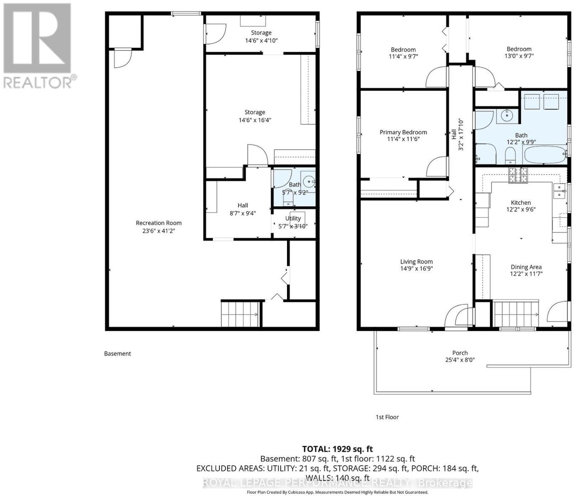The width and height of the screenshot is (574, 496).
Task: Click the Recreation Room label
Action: pyautogui.click(x=159, y=223)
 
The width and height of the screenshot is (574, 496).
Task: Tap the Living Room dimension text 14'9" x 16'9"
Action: pyautogui.click(x=417, y=268)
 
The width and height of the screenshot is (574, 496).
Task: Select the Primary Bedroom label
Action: pyautogui.click(x=403, y=132)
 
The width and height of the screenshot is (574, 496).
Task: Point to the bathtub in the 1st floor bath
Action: pyautogui.click(x=544, y=155)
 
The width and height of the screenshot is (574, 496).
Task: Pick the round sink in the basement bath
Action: pyautogui.click(x=308, y=182)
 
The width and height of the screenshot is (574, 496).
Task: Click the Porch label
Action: pyautogui.click(x=460, y=353)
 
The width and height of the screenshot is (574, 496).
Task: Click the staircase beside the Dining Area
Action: pyautogui.click(x=516, y=314)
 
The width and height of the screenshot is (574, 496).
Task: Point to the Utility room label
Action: pyautogui.click(x=293, y=218)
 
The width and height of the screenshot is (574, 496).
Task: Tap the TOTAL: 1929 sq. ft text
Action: pyautogui.click(x=338, y=449)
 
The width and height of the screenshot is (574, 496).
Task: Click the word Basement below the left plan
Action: pyautogui.click(x=117, y=354)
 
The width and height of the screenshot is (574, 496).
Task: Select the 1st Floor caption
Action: pyautogui.click(x=387, y=417)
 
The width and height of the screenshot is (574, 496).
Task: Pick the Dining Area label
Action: pyautogui.click(x=526, y=267)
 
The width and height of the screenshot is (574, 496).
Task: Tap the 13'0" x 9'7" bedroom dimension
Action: pyautogui.click(x=519, y=56)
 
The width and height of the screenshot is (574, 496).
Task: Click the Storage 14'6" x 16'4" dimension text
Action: pyautogui.click(x=255, y=120)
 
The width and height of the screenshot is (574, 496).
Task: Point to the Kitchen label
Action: pyautogui.click(x=521, y=202)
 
